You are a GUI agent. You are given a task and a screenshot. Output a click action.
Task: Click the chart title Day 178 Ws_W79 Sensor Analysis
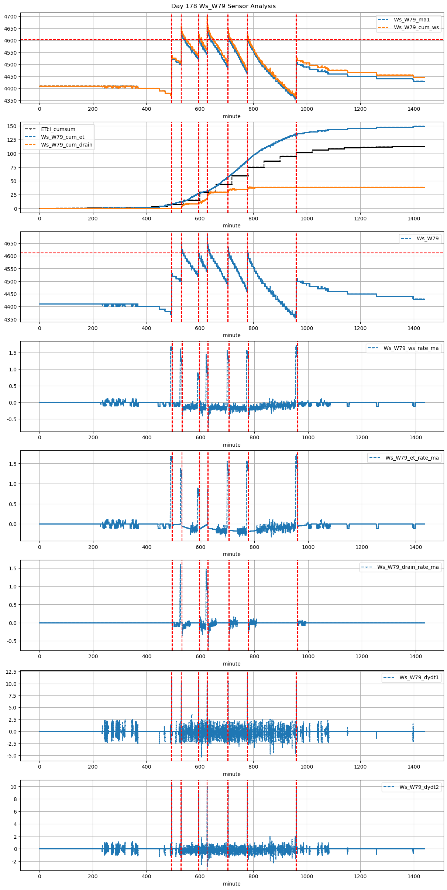(x=223, y=6)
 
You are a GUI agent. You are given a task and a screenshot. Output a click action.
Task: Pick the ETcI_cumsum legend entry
(x=58, y=129)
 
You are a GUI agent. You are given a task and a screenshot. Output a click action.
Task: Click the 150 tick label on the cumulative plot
(x=13, y=126)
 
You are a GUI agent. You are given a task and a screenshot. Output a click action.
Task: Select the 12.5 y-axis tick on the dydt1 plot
(x=11, y=672)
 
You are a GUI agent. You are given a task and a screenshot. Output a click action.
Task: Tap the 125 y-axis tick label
(x=13, y=140)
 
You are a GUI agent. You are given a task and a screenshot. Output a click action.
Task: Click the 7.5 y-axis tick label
(x=13, y=696)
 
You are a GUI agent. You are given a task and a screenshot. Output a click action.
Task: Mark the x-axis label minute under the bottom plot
(x=231, y=884)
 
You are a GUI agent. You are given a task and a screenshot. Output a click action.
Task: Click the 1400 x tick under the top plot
(x=414, y=109)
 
